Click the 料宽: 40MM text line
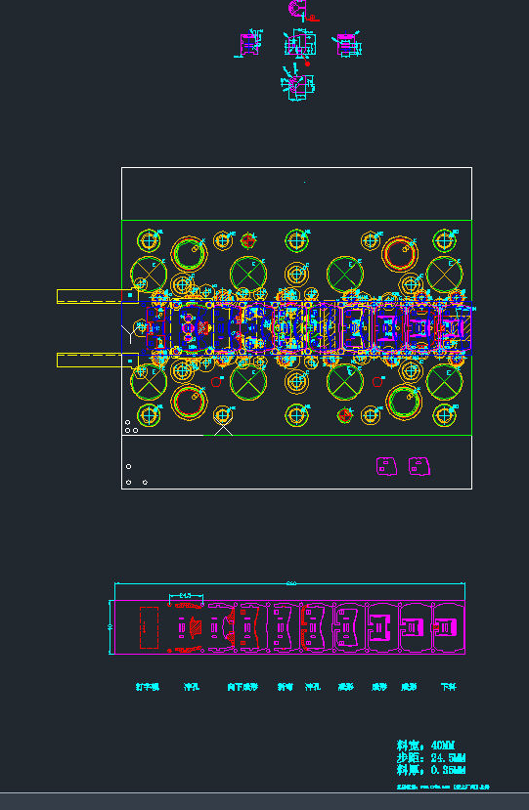[425, 746]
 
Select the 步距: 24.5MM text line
[430, 758]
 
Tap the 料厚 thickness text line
[430, 771]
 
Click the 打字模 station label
[147, 687]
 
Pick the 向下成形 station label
[242, 687]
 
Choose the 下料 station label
[449, 687]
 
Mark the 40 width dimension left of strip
[110, 627]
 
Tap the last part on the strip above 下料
[447, 627]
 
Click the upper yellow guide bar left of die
[91, 295]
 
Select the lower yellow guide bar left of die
[91, 360]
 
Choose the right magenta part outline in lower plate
[419, 465]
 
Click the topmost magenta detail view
[299, 10]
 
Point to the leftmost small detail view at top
[250, 44]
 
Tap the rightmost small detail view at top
[346, 44]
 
